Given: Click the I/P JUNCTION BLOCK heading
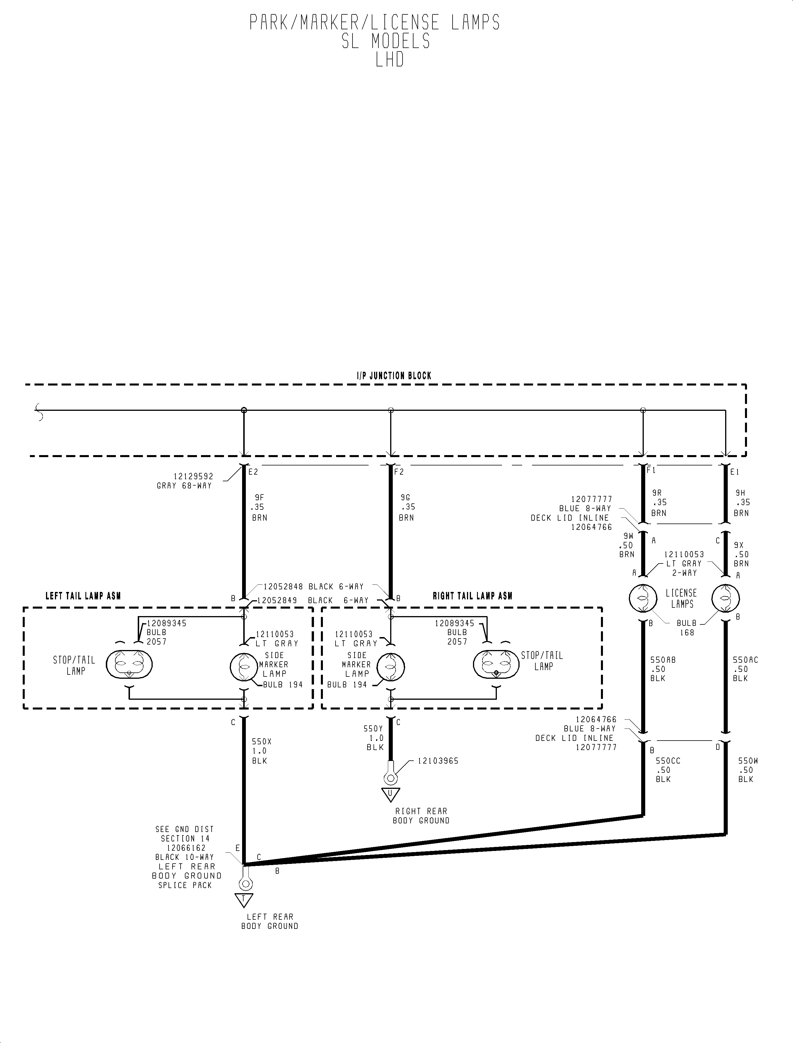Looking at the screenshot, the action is coord(394,376).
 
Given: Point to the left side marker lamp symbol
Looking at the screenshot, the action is coord(244,667).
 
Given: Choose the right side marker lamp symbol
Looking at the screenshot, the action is coord(390,667).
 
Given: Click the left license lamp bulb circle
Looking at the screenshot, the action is coord(643,599).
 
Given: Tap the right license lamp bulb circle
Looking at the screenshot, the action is coord(725,599).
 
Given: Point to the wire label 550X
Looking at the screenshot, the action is coord(261,741).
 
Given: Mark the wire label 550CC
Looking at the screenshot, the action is coord(668,761).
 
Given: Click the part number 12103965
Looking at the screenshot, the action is coord(438,761).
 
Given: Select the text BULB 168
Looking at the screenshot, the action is coord(687,628).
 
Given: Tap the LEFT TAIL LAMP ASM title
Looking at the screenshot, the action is coord(83,596).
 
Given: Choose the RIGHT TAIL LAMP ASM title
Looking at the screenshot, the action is coord(472,596).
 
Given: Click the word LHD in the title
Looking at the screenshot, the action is coord(390,60).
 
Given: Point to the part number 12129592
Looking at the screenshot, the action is coord(194,476).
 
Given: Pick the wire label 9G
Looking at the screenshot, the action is coord(405,497).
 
